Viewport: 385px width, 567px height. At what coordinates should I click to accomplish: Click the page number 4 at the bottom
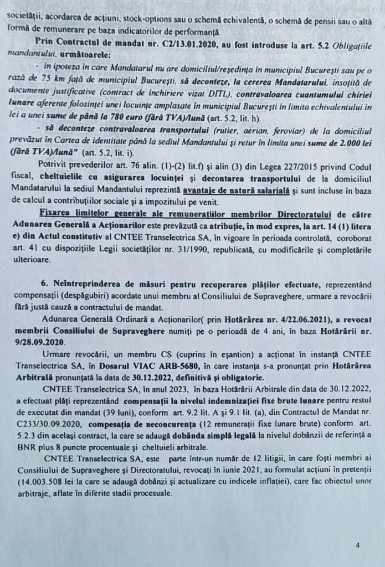pos(358,545)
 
